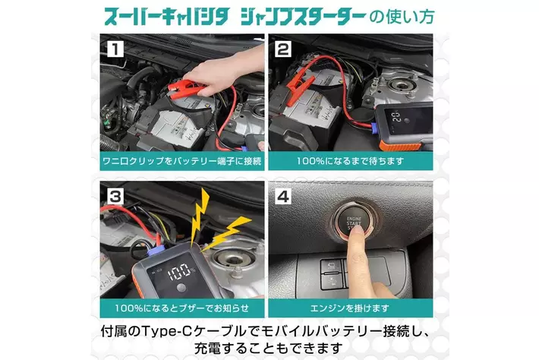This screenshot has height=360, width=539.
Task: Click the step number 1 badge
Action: pos(115,49)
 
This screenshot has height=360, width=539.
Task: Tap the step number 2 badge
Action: pos(283,49)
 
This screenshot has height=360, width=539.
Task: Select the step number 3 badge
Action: pos(115,197)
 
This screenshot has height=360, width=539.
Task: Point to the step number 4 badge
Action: pos(283,197)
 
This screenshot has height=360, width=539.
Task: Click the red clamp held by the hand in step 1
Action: pos(188,88)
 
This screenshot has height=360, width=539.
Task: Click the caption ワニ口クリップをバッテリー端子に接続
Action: pos(182,161)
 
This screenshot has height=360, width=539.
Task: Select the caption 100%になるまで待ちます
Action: pos(350,161)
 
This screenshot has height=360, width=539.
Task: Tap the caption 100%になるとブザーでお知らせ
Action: pos(182,308)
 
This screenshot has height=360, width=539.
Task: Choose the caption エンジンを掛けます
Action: pos(350,308)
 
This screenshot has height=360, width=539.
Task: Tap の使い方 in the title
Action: pos(402,17)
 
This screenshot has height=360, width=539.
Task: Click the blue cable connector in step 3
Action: pos(156,251)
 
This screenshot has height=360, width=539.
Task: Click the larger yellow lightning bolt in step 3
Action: pos(200,215)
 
